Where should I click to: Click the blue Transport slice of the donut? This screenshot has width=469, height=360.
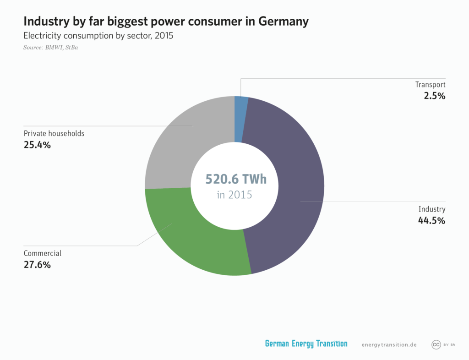coord(240,119)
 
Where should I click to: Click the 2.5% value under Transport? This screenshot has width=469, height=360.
coord(435,96)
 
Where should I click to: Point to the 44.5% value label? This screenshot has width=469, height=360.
coord(431,220)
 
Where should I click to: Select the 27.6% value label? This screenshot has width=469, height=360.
coord(37,265)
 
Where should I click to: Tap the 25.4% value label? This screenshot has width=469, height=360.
coord(37,145)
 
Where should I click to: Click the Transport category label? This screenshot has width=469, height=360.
coord(430,85)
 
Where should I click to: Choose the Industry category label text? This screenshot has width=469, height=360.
coord(432,209)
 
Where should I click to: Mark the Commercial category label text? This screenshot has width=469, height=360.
coord(42,253)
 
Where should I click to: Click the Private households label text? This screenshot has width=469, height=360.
coord(54,134)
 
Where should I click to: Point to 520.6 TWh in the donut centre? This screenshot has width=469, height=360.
coord(235,179)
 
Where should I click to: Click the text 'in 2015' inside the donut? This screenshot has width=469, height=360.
coord(234,195)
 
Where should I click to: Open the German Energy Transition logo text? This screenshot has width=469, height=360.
coord(306,344)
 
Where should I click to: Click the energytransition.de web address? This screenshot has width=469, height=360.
coord(389,344)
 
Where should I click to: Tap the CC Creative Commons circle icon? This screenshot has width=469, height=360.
coord(436,344)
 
